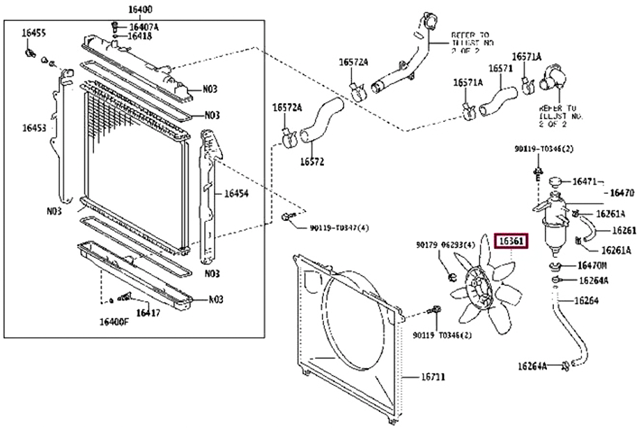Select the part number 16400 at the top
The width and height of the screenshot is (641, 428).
(x=139, y=10)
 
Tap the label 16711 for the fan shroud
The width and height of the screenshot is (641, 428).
(x=433, y=377)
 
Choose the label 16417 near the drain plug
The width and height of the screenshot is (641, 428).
(x=148, y=313)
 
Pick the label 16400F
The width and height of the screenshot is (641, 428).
(x=113, y=322)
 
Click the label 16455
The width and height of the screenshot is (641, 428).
(x=33, y=33)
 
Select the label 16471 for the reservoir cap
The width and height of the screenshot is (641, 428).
(x=585, y=181)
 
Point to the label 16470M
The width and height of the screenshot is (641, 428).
(x=592, y=266)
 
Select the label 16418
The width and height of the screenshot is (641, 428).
(x=141, y=36)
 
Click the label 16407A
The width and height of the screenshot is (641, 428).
(x=144, y=27)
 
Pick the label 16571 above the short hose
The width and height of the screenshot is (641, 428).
(x=500, y=68)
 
